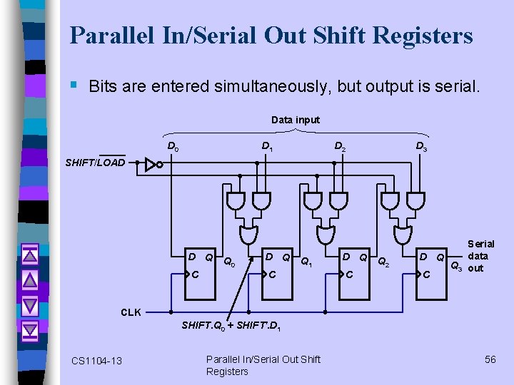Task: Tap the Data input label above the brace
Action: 296,120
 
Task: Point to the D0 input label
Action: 173,147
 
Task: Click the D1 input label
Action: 266,147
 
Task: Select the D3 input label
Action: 421,147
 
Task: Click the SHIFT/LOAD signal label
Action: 95,163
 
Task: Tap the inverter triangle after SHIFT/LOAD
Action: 151,163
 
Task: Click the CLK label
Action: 131,312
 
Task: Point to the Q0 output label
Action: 229,262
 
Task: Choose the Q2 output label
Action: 383,262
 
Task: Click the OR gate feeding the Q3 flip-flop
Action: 403,234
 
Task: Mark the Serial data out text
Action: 479,256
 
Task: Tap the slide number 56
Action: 490,359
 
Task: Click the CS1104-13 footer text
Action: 97,361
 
